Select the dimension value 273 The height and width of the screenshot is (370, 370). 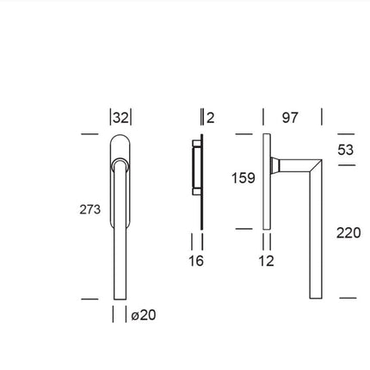point(89,209)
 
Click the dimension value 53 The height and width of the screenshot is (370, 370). point(344,149)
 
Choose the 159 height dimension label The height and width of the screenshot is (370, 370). point(243,179)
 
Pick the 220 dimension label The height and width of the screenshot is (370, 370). point(348,232)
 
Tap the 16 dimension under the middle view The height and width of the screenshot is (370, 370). point(196,261)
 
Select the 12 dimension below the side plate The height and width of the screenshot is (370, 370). point(266,261)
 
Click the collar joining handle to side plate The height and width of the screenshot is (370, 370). point(276,164)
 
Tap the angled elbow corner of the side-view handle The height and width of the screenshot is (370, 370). point(316,163)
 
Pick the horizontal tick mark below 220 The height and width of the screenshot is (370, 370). point(348,298)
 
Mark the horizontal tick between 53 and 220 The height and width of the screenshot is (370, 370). point(347,164)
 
